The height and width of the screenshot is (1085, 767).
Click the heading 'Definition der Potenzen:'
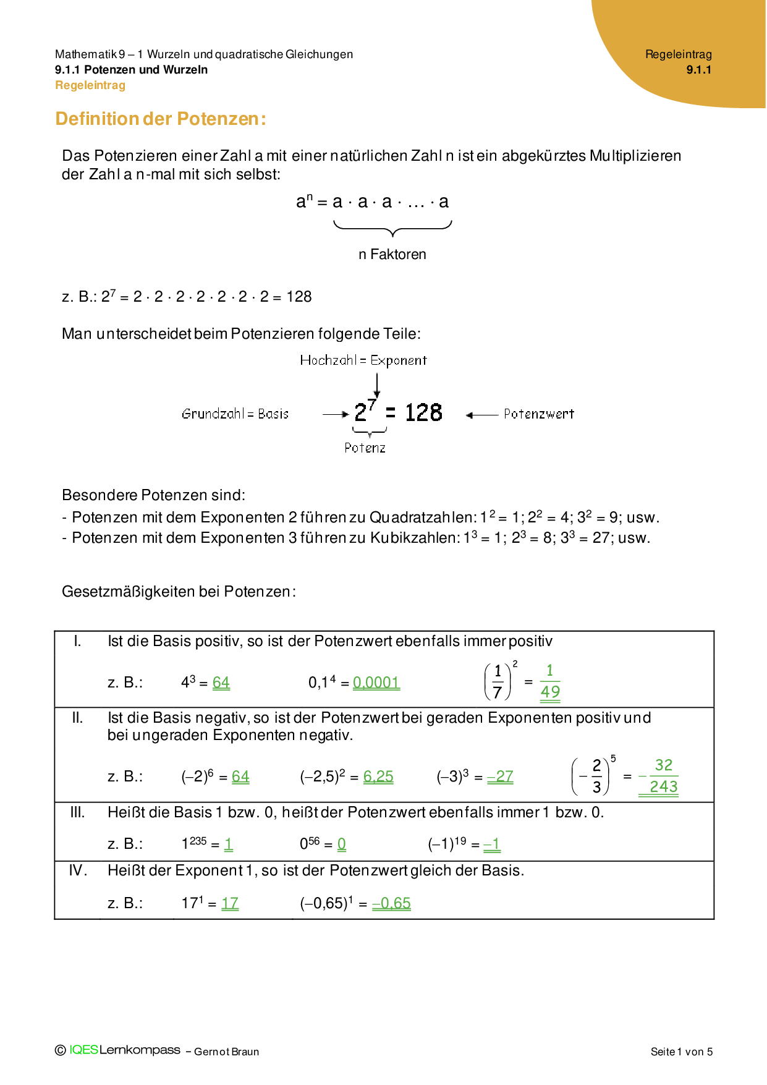[161, 119]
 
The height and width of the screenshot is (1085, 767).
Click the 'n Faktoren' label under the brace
[392, 254]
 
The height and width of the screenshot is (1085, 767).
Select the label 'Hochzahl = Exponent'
[363, 360]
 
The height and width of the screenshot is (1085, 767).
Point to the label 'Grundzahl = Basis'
[235, 414]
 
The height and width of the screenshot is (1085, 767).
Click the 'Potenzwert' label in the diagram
[538, 414]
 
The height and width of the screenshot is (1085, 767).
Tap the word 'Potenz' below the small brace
[365, 448]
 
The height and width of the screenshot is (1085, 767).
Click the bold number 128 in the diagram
[423, 413]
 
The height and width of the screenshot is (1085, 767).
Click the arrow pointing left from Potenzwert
[481, 415]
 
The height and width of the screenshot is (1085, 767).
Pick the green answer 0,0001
[376, 683]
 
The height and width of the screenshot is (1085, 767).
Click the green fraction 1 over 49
[550, 681]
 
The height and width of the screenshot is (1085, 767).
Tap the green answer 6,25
[378, 777]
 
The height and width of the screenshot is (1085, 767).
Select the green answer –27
[500, 777]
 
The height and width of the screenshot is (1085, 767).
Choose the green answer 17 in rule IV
[230, 903]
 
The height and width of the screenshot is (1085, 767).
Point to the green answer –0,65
[391, 903]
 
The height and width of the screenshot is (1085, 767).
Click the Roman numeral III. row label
[77, 812]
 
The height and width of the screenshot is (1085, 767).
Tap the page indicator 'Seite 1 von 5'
[681, 1052]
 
